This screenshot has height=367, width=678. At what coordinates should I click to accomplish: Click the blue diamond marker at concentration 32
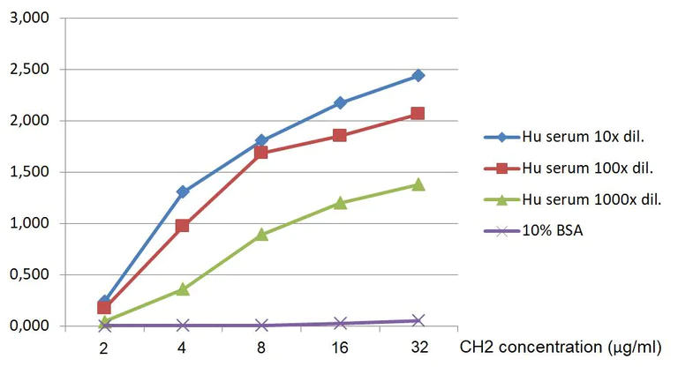tap(418, 76)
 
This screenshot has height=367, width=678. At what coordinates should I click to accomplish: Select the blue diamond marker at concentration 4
tap(183, 191)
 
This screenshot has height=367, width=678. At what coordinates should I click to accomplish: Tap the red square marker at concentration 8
tap(261, 153)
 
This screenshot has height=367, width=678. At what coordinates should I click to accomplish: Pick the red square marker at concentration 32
tap(418, 114)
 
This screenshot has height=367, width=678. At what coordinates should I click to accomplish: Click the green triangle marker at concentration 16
tap(340, 203)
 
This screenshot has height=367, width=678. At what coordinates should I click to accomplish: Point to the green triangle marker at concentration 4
tap(183, 288)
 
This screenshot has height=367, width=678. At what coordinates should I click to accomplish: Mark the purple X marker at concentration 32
tap(418, 320)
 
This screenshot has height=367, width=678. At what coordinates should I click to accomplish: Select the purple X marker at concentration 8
tap(261, 326)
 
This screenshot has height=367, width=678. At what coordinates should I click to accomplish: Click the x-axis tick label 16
tap(340, 348)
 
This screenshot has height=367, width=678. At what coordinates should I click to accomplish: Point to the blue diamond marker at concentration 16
tap(340, 103)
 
